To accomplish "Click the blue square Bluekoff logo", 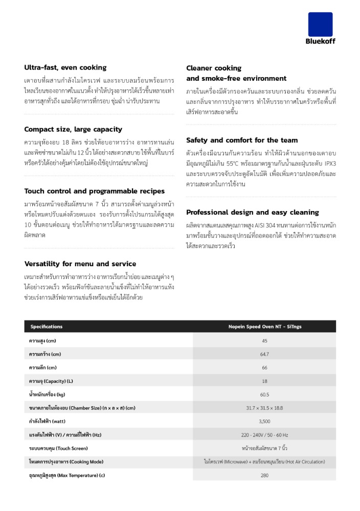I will [320, 24].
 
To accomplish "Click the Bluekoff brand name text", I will [320, 41].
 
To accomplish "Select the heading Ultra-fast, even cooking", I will [65, 67].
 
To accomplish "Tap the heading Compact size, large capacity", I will [73, 129].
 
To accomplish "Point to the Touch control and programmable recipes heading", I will [95, 191].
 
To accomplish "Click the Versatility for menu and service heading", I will [80, 264].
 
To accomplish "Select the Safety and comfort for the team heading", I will [242, 140].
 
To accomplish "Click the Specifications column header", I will [47, 327].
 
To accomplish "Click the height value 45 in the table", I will [264, 341].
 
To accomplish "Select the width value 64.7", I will [264, 354].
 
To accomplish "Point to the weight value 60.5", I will [264, 394].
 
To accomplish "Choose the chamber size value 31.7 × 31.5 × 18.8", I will [264, 408].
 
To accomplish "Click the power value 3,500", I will [264, 422].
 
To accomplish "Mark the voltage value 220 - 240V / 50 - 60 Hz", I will [264, 435].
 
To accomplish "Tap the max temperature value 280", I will [264, 475].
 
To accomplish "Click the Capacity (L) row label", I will [51, 381].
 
